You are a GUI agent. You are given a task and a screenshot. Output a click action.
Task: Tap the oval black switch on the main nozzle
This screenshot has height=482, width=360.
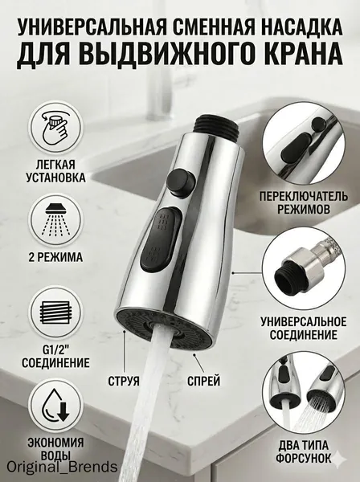pos(160,239)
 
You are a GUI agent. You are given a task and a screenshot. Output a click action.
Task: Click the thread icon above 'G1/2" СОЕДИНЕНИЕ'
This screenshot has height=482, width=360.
pos(55,312)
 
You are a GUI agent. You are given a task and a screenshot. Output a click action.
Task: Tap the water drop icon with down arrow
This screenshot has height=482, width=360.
pos(56,405)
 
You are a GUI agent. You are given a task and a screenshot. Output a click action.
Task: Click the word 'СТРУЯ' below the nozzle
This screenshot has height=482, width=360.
pos(124,381)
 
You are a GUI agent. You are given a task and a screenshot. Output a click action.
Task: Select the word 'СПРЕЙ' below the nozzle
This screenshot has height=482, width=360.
pos(204,381)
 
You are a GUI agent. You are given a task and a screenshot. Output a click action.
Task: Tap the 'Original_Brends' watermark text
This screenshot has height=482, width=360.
pos(62,468)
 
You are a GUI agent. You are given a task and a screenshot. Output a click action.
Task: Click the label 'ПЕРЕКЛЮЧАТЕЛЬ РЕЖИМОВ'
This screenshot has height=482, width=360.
pos(304,202)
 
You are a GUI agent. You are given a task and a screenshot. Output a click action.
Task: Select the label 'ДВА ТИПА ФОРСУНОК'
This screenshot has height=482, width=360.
pos(304,451)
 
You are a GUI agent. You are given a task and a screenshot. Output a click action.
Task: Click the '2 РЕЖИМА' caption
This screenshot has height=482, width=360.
pos(56,257)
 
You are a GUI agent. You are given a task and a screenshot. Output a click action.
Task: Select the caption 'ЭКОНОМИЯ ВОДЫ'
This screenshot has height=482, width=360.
pos(55,448)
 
